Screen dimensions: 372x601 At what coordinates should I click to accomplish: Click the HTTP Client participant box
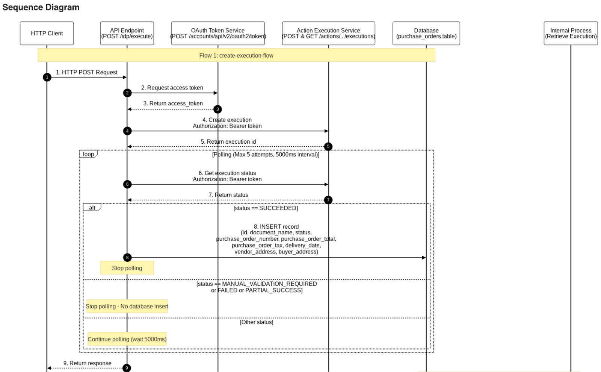tap(47, 33)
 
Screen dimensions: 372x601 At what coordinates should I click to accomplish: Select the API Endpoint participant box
tap(127, 33)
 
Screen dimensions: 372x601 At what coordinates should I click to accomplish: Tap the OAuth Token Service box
tap(218, 33)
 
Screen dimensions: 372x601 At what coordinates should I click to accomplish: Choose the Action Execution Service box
tap(328, 33)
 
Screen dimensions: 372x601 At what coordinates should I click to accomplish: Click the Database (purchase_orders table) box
tap(426, 33)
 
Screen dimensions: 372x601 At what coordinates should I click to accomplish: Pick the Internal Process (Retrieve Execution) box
tap(571, 33)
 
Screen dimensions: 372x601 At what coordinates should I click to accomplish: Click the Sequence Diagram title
tap(41, 8)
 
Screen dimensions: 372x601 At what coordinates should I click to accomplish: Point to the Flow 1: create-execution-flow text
tap(236, 56)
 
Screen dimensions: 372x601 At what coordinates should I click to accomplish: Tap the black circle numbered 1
tap(47, 77)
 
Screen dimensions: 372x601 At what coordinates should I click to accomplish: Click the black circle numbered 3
tap(217, 109)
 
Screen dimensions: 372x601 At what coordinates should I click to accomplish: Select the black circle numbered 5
tap(328, 146)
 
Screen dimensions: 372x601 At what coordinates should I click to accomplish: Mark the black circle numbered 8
tap(127, 258)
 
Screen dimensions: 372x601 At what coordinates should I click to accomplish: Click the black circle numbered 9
tap(127, 368)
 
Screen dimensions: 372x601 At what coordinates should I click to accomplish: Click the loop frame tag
tap(89, 154)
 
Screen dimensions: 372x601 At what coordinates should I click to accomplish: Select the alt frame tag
tap(92, 208)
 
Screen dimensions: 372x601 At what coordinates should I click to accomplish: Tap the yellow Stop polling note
tap(127, 268)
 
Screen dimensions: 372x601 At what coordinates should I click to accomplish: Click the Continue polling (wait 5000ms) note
tap(127, 339)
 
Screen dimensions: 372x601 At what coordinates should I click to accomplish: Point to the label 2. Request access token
tap(172, 88)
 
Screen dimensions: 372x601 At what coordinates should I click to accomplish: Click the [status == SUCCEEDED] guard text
tap(266, 208)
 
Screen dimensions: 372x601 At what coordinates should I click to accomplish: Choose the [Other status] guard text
tap(257, 322)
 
